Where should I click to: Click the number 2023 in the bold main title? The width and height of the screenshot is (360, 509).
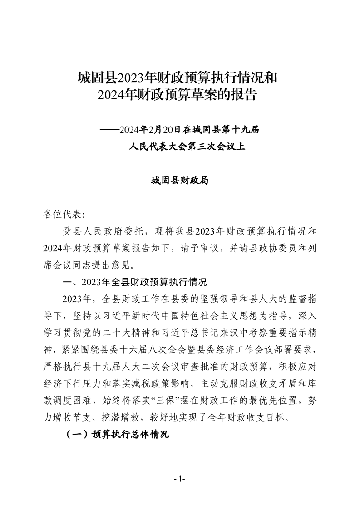131,78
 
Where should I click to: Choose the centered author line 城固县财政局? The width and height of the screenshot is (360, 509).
180,181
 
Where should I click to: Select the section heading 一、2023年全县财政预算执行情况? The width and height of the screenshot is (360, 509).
134,282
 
